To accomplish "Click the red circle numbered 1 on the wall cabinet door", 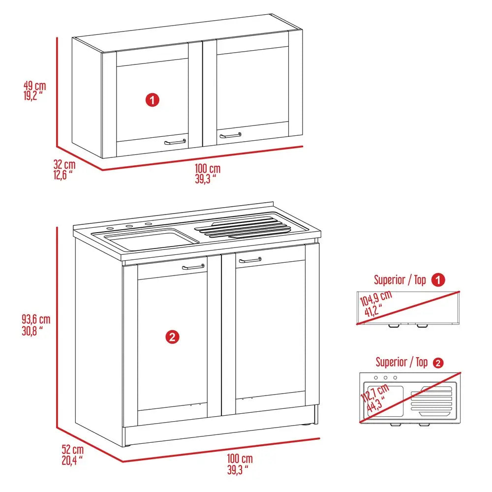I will tap(153, 100).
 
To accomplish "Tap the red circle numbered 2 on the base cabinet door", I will tap(172, 337).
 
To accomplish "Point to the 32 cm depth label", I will tap(64, 169).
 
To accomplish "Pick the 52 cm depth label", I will tap(72, 454).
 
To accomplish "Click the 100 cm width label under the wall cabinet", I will tap(207, 173).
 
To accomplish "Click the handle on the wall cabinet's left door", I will tap(175, 142).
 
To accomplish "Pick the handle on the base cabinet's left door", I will tap(193, 267).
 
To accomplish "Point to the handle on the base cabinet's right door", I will tap(250, 260).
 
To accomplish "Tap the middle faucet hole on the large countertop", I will tap(129, 227).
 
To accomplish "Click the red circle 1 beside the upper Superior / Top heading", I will tap(438, 280).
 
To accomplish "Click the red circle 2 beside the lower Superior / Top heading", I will tap(438, 363).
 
